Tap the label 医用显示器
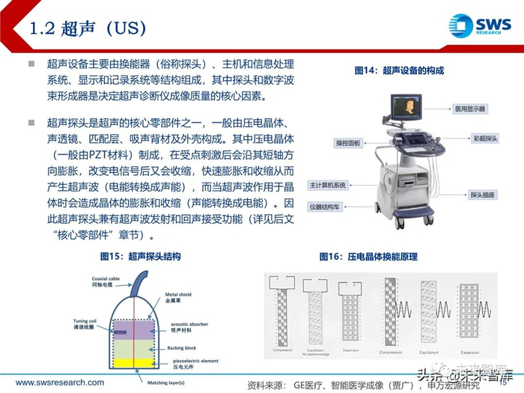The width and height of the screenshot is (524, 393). pos(469,109)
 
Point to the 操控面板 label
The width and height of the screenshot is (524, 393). pos(348,142)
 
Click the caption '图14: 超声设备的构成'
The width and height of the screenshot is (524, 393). pos(398,70)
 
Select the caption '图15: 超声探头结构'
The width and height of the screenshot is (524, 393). pos(140,256)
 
